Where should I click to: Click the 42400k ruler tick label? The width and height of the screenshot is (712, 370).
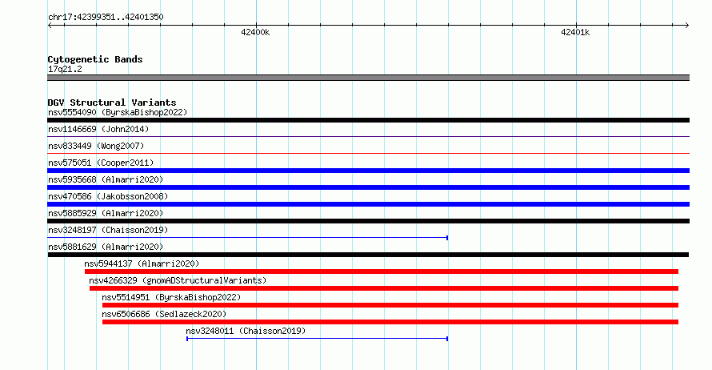255,32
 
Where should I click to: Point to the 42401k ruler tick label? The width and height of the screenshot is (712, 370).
575,32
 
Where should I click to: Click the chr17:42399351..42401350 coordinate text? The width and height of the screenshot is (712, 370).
106,18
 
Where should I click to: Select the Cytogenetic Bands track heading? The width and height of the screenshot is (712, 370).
95,59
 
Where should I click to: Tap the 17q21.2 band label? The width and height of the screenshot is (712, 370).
65,69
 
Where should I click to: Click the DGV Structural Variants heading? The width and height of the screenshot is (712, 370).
112,103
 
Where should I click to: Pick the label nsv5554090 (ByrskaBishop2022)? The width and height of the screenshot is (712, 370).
118,112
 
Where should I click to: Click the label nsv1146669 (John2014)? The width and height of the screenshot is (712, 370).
98,129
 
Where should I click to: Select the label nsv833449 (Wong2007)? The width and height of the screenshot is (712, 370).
96,146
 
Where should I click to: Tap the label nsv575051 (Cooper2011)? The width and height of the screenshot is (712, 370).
101,163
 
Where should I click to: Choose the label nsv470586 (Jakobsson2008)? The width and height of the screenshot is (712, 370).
108,196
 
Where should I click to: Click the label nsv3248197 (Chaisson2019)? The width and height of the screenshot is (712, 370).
108,230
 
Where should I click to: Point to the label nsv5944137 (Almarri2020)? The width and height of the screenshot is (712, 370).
142,263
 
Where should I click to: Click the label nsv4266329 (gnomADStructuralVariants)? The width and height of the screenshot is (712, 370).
178,280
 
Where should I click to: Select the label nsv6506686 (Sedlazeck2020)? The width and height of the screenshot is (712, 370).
164,314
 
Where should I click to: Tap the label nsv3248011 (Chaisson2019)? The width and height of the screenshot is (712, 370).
246,331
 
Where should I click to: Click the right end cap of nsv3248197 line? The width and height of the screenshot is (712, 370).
447,238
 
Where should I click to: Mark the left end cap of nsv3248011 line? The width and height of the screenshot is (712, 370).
187,339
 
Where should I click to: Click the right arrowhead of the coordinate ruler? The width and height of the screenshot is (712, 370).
687,26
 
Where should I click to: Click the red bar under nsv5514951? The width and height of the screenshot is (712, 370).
390,305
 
